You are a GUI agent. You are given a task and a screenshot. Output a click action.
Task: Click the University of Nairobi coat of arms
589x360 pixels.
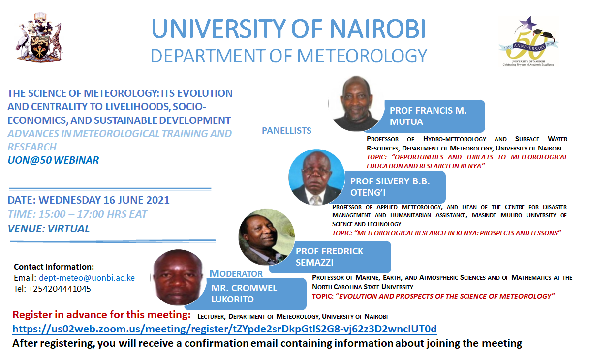[39, 37]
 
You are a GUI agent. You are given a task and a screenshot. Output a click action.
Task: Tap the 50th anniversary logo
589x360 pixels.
[528, 41]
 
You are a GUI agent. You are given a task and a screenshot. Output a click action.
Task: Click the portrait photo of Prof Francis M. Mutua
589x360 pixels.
[356, 103]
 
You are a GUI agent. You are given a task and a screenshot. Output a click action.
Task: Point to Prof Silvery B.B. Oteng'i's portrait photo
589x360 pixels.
[316, 177]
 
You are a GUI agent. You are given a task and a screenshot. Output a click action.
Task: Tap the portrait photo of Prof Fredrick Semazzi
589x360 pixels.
[267, 237]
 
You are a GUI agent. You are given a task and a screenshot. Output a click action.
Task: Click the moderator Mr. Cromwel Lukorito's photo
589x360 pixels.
[178, 277]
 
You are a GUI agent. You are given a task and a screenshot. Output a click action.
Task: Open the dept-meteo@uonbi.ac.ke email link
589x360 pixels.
[87, 278]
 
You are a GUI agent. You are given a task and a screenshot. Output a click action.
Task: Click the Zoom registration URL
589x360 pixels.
[225, 329]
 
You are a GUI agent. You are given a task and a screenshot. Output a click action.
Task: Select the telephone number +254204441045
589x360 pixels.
[60, 289]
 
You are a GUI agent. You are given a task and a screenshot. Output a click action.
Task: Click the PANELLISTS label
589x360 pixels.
[286, 131]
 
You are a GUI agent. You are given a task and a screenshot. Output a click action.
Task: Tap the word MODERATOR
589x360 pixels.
[236, 273]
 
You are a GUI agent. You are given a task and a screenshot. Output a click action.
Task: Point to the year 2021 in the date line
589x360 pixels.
[158, 200]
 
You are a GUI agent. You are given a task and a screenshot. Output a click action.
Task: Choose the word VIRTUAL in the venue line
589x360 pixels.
[68, 229]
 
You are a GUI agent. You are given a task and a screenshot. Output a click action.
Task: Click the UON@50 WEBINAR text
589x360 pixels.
[53, 160]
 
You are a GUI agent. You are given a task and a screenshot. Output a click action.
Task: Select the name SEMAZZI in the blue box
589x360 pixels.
[314, 263]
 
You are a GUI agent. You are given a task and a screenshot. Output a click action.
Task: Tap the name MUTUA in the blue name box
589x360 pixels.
[406, 122]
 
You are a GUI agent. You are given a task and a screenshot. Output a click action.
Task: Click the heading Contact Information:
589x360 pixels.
[54, 267]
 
